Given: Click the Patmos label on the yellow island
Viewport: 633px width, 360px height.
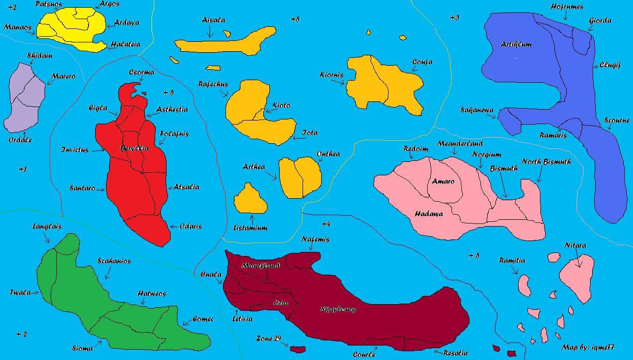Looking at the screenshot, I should (49, 4).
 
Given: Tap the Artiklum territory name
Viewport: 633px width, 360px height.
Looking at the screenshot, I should (516, 44).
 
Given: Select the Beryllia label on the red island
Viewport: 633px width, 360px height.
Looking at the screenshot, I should (134, 148).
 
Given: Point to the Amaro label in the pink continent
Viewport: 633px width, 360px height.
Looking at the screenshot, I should (443, 182).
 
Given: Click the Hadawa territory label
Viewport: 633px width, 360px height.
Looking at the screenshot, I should (429, 214).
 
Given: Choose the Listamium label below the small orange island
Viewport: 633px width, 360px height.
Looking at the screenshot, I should (250, 228).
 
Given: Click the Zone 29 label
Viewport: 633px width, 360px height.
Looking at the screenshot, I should (268, 339).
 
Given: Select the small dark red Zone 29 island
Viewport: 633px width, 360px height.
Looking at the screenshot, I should (297, 350).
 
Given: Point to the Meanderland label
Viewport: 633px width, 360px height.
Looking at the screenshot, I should (460, 143).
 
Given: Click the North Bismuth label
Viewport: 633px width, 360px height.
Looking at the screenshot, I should (546, 162).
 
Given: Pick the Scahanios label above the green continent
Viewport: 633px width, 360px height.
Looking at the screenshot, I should (114, 261).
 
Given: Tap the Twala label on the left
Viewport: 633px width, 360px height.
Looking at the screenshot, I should (20, 293).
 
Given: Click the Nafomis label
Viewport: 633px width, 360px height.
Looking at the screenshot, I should (315, 239).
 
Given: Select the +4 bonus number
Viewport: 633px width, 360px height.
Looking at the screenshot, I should (326, 224).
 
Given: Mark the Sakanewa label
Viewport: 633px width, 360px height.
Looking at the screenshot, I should (477, 110).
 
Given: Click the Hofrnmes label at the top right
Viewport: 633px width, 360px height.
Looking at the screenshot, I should (567, 7).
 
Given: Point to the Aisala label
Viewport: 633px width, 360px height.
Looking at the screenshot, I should (213, 20).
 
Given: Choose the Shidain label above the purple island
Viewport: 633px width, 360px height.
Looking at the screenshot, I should (39, 56).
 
